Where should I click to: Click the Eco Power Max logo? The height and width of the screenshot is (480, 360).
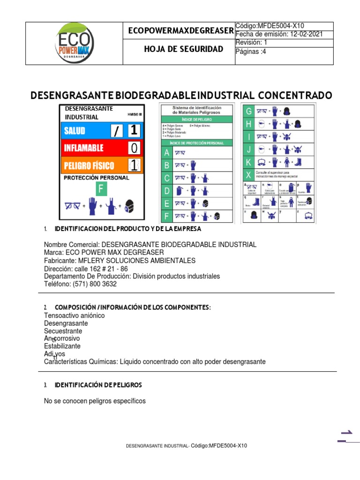(74, 43)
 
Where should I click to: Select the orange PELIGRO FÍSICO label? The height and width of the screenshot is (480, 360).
(90, 165)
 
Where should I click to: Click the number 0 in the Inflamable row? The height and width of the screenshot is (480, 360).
(135, 149)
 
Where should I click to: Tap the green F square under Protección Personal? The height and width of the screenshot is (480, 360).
(102, 189)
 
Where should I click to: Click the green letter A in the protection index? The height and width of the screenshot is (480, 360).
(166, 153)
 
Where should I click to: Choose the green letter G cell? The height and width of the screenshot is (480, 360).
(248, 112)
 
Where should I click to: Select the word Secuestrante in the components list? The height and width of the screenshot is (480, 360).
(63, 331)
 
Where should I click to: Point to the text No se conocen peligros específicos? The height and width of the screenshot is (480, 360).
(95, 401)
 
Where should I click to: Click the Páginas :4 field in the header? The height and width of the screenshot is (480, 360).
(250, 52)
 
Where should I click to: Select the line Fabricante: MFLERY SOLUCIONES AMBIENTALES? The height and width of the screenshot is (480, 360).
(120, 261)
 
